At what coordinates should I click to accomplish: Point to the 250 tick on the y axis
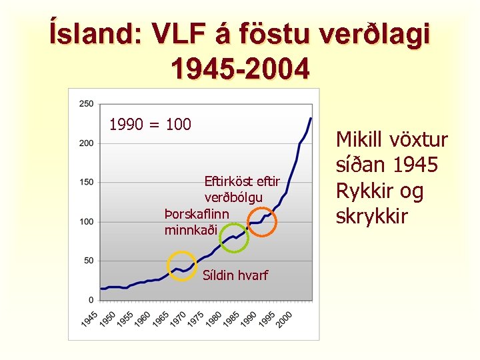click(87, 103)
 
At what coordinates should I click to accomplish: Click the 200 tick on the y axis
click(87, 143)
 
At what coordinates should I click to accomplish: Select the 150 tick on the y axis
click(87, 182)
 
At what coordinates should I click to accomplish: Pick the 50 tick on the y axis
click(89, 261)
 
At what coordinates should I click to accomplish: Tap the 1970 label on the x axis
click(179, 319)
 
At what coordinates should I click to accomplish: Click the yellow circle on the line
click(181, 267)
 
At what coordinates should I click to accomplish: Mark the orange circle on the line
click(262, 221)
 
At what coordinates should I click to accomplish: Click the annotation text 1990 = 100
click(150, 124)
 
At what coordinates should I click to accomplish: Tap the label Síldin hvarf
click(235, 275)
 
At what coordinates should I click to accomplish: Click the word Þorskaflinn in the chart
click(197, 215)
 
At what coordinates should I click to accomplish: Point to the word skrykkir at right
click(374, 217)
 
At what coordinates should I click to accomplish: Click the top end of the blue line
click(311, 118)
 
